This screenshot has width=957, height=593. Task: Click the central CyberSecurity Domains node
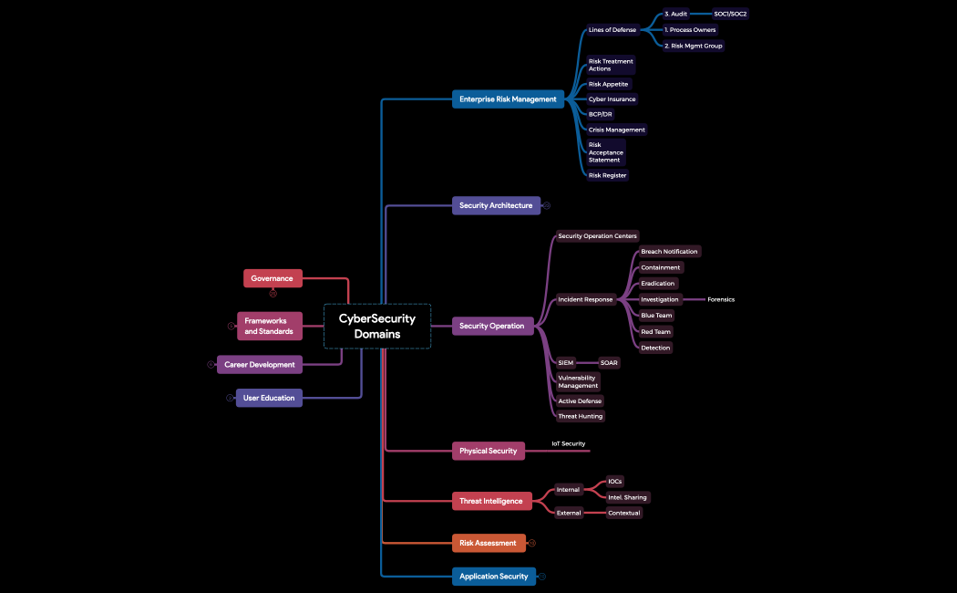[x=377, y=327]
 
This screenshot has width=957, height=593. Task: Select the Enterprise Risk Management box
[x=508, y=99]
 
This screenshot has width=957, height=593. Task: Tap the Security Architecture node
[x=496, y=205]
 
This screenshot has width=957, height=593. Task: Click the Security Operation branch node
[x=492, y=326]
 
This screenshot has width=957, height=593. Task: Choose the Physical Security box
[x=488, y=451]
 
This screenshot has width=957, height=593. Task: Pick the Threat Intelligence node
[x=491, y=501]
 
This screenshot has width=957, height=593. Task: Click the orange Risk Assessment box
[x=488, y=543]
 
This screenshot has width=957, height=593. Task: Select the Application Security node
[x=493, y=577]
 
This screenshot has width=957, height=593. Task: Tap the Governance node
[x=273, y=278]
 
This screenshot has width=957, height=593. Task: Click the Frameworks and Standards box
[x=269, y=326]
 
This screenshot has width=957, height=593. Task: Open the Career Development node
[x=260, y=365]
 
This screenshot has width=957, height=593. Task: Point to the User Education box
[x=269, y=398]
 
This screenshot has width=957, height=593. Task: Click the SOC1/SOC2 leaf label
[x=730, y=14]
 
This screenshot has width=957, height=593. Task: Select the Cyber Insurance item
[x=612, y=99]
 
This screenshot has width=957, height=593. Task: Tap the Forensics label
[x=721, y=299]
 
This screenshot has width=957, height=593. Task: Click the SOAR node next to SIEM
[x=609, y=362]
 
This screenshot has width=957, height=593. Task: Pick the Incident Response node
[x=585, y=299]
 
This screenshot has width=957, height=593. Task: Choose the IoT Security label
[x=568, y=443]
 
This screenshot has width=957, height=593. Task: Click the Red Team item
[x=655, y=332]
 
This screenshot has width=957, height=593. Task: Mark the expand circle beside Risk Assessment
[x=532, y=543]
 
